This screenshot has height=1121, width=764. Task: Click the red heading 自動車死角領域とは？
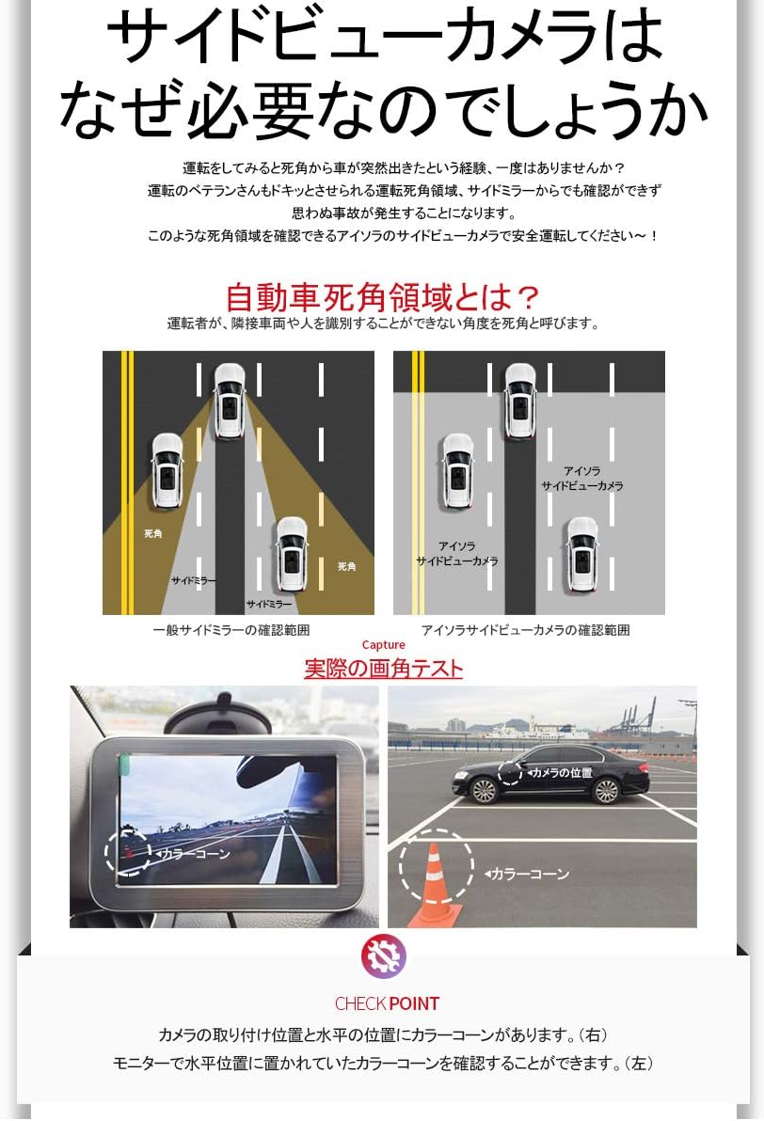[383, 297]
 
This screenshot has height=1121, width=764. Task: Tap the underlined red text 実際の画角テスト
[383, 669]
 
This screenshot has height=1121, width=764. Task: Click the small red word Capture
[383, 645]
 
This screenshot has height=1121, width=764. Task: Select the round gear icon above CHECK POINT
[383, 956]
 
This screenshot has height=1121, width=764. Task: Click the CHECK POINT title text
[387, 1003]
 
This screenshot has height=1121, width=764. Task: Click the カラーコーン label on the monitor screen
[194, 854]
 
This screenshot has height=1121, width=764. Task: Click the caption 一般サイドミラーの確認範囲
[231, 630]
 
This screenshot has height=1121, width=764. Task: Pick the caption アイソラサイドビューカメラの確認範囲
[525, 630]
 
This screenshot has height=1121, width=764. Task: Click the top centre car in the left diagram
[230, 400]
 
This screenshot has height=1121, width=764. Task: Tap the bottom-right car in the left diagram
[292, 554]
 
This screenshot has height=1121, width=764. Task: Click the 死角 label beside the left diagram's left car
[152, 533]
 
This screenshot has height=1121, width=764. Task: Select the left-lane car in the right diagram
[458, 471]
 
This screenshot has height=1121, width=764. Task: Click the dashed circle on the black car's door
[510, 772]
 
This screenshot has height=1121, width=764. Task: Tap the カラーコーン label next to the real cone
[529, 874]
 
